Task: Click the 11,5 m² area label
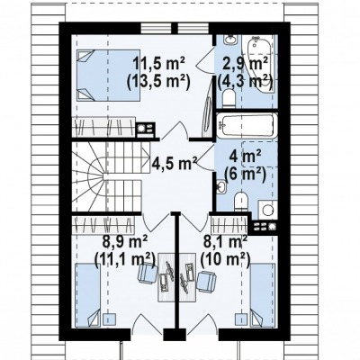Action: click(x=158, y=64)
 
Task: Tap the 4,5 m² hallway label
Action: click(x=175, y=163)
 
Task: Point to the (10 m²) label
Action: click(x=226, y=259)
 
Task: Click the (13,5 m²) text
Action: click(x=158, y=82)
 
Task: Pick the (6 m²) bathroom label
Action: click(x=246, y=175)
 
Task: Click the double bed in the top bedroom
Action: click(x=109, y=75)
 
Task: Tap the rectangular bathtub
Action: click(x=247, y=125)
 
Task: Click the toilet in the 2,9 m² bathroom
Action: click(x=229, y=98)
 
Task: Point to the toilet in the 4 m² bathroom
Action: click(x=241, y=202)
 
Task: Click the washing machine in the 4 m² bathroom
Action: click(x=268, y=209)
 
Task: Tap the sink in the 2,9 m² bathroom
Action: click(x=230, y=40)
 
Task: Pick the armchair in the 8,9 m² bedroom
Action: click(x=148, y=273)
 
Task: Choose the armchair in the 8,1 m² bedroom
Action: click(x=206, y=281)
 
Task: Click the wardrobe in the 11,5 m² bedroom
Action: click(x=103, y=129)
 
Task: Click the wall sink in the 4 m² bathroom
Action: click(x=221, y=186)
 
